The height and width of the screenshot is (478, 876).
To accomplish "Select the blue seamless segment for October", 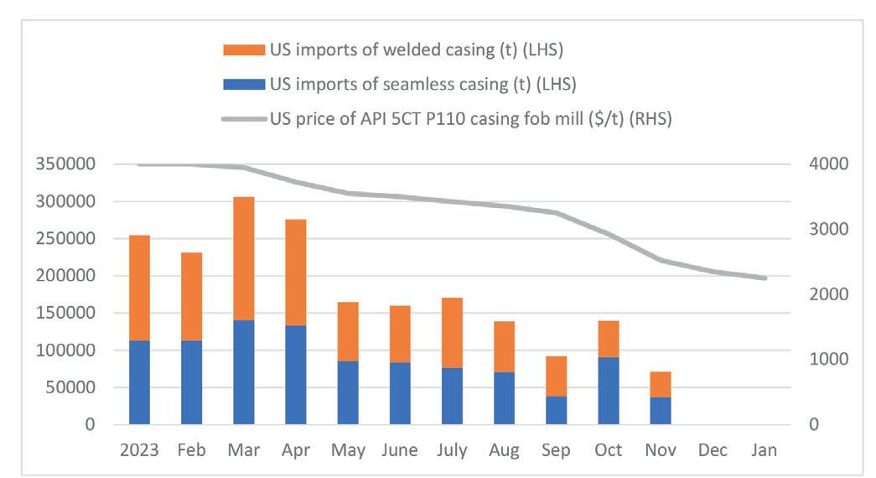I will pyautogui.click(x=608, y=391).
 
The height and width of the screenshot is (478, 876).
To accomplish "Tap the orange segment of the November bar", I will pyautogui.click(x=660, y=384).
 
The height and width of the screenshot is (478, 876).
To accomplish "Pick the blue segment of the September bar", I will pyautogui.click(x=556, y=410).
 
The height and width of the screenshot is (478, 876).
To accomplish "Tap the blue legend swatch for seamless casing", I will pyautogui.click(x=242, y=84).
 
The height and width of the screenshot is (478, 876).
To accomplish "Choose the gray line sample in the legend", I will pyautogui.click(x=242, y=119).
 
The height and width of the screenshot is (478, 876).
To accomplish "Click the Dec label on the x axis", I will pyautogui.click(x=713, y=450).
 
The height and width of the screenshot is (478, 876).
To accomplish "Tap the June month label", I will pyautogui.click(x=400, y=450).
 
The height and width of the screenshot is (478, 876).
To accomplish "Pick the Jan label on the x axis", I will pyautogui.click(x=764, y=450).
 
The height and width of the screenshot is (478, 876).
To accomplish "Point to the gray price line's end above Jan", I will pyautogui.click(x=765, y=278).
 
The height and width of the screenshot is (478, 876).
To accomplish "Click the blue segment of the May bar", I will pyautogui.click(x=348, y=392).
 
